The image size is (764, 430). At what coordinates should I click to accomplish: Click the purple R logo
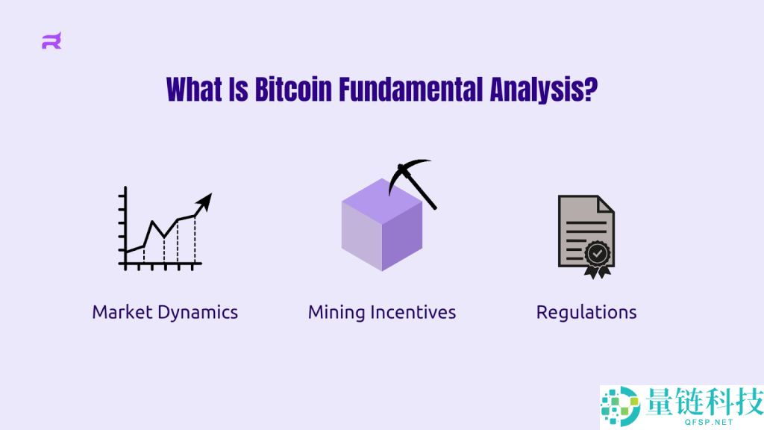51,40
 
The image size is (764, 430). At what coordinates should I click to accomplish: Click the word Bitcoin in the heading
293,90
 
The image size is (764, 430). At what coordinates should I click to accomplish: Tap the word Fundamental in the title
411,90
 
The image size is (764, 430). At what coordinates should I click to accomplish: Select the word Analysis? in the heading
544,90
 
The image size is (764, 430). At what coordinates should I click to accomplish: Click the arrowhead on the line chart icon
204,202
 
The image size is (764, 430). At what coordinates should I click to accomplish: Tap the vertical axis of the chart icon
125,228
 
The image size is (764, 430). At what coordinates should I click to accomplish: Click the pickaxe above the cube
412,184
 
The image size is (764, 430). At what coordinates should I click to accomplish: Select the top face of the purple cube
382,201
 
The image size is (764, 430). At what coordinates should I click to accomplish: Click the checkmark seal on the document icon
598,254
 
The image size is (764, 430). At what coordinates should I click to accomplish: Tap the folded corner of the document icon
606,204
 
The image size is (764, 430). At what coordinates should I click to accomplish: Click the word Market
122,312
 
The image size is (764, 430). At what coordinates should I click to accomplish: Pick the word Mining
336,313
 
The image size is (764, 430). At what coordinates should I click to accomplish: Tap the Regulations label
586,313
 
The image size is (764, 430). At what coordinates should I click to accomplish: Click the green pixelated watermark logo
620,405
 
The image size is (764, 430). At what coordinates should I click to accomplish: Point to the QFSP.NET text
709,423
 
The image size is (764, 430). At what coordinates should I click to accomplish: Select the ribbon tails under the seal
598,272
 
